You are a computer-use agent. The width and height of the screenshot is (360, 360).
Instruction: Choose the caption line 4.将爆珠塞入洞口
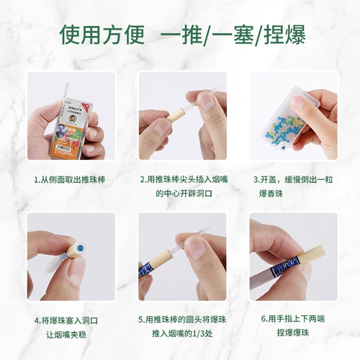[x=70, y=320]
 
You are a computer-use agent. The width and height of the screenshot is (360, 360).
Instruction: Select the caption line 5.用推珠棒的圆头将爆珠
[x=181, y=320]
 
